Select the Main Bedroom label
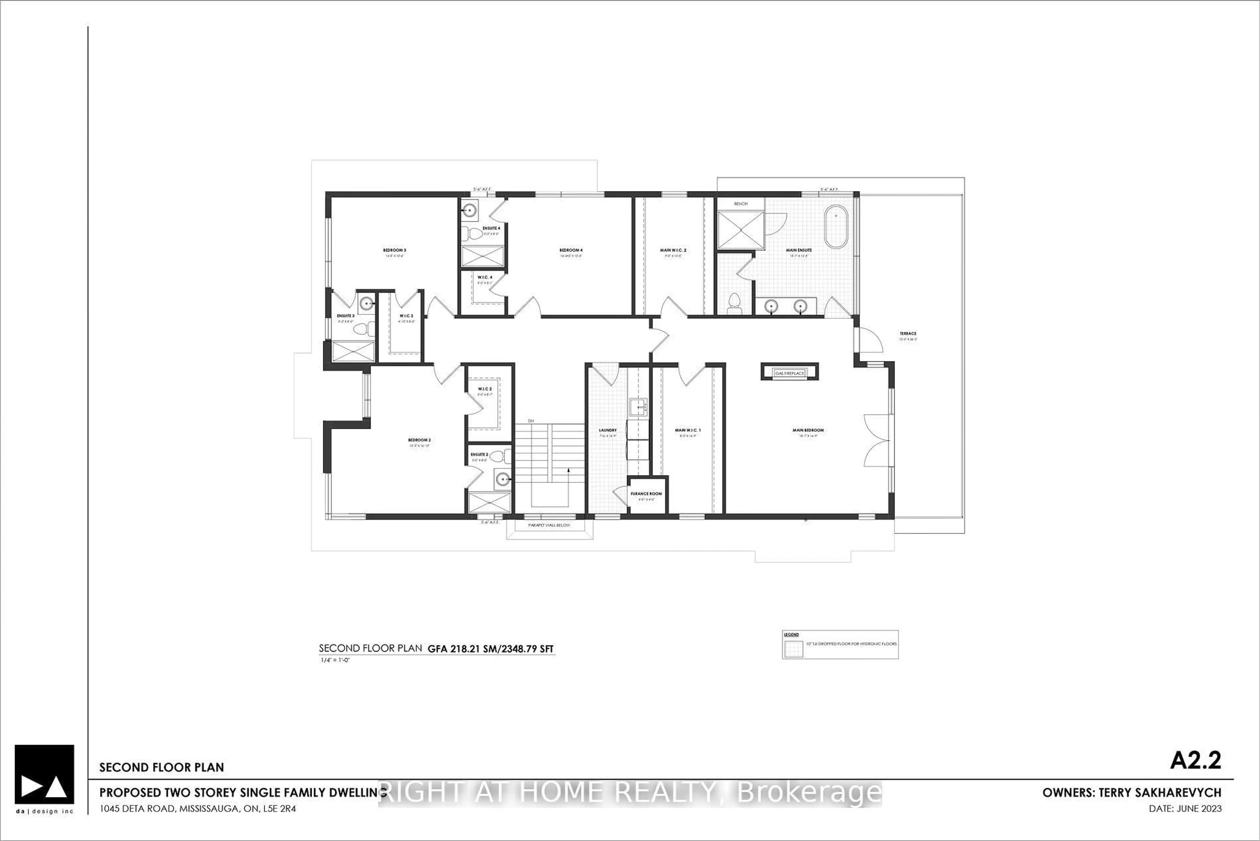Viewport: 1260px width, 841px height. [x=808, y=430]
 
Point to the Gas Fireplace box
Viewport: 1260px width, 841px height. [x=789, y=373]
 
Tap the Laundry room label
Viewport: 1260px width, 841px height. [x=608, y=430]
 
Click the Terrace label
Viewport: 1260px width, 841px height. [x=908, y=334]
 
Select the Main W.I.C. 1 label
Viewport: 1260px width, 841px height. [x=688, y=430]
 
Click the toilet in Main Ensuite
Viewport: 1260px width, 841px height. [x=734, y=303]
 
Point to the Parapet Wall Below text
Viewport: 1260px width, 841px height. [x=549, y=525]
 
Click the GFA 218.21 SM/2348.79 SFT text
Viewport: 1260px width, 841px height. [x=491, y=649]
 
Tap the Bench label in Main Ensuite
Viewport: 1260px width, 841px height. [x=741, y=204]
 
